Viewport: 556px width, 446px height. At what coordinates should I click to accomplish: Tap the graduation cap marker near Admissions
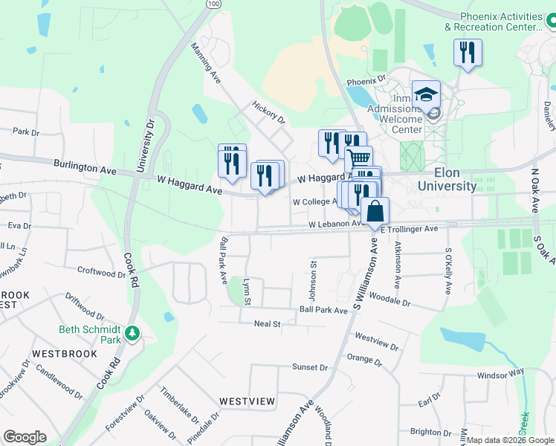click(x=427, y=95)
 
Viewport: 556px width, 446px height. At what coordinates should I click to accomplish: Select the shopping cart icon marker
click(x=359, y=158)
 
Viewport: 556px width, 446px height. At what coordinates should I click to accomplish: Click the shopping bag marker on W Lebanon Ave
click(x=376, y=211)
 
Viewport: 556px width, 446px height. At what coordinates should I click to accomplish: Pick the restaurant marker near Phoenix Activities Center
click(x=468, y=53)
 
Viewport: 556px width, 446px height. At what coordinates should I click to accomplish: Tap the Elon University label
click(x=446, y=180)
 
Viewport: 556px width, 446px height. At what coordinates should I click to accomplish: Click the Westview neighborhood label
click(x=247, y=401)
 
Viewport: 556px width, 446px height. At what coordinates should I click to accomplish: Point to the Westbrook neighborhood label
click(x=65, y=354)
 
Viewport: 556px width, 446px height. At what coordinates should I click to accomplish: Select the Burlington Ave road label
click(x=85, y=168)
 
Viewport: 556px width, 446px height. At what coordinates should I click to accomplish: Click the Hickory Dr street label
click(x=269, y=112)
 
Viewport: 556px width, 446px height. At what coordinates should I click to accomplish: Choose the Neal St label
click(x=267, y=324)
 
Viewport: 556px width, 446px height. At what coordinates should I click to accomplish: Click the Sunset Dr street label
click(x=310, y=367)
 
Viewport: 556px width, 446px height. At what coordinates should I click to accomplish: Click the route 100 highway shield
click(x=214, y=4)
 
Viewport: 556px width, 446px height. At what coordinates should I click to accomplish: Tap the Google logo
click(x=25, y=437)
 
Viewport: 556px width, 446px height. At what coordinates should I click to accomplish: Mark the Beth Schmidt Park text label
click(x=90, y=334)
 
